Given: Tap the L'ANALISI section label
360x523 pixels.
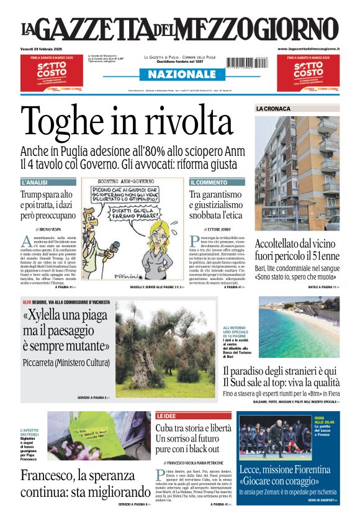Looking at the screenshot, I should [35, 183].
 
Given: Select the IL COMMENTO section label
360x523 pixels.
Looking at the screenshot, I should [209, 183].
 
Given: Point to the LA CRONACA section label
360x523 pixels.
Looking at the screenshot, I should [273, 109].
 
